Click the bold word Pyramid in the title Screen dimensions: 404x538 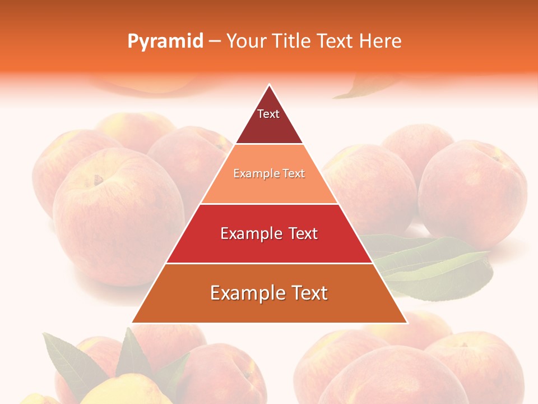pos(165,42)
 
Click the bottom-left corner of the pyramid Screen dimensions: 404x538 pos(132,323)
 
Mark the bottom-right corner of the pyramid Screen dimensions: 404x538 pos(407,323)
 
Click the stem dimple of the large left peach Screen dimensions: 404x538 pos(99,180)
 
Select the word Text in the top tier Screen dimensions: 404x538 pos(268,114)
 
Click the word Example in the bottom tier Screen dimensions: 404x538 pos(245,293)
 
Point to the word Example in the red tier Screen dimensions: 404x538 pos(250,233)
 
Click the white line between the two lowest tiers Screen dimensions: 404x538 pos(269,263)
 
